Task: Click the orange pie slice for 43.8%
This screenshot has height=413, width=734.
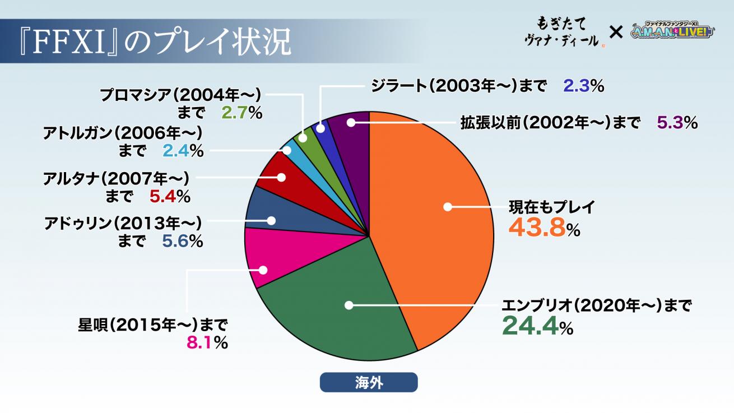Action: point(437,224)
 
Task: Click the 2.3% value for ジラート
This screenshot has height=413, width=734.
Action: point(583,86)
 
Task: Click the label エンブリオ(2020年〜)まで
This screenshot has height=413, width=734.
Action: point(596,305)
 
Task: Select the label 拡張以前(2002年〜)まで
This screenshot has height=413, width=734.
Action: point(550,122)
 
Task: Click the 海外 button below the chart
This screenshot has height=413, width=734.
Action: point(368,382)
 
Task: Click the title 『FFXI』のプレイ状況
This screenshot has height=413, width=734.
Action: point(151,43)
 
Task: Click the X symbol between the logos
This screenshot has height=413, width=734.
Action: point(616,33)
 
